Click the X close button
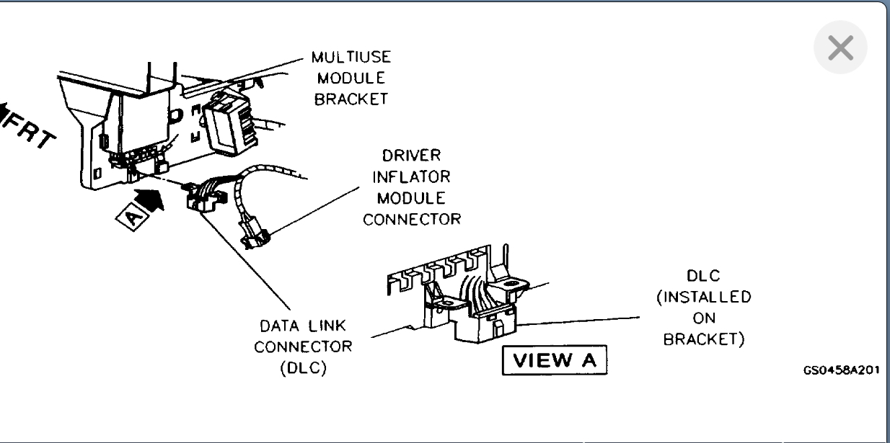coord(840,48)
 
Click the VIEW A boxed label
coord(555,360)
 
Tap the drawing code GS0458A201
coord(840,370)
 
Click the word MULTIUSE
coord(351,57)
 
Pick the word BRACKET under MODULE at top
coord(351,99)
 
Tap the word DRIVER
coord(412,156)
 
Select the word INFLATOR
coord(412,176)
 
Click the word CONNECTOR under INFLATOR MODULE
coord(412,219)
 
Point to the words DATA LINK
coord(303,326)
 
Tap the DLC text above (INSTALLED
coord(703,276)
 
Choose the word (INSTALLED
coord(703,297)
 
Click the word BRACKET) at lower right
coord(703,339)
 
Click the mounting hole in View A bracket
coord(514,286)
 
